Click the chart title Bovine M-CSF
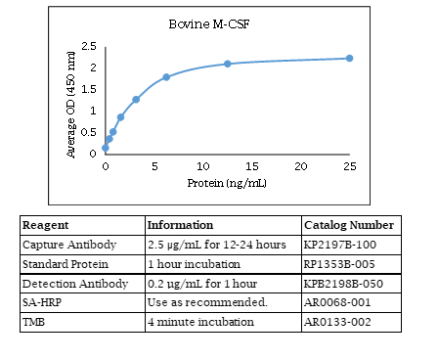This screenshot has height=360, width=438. point(209,24)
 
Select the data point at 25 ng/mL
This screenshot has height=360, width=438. point(349,59)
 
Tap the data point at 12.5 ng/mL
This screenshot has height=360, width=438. point(228,64)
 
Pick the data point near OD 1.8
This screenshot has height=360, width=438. point(166,77)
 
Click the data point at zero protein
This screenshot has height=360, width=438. point(106,148)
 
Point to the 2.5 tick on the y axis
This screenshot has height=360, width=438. point(89,46)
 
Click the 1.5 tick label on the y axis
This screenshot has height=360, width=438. point(89,89)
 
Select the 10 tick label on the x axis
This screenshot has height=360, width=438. point(202,166)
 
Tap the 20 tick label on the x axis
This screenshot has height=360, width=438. point(301,166)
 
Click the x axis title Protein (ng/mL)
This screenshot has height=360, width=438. point(227,183)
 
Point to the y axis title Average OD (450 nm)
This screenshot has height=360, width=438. point(70,105)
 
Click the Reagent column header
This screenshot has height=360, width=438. point(45,225)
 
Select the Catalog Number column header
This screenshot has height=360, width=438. point(349,225)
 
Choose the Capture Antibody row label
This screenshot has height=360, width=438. point(69,245)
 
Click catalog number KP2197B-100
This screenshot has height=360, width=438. point(340,245)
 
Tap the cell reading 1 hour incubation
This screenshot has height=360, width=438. point(194,264)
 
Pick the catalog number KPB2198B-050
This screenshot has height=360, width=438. point(343,284)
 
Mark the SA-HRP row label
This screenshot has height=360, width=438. point(42,302)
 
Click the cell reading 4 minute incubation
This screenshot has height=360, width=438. point(200,322)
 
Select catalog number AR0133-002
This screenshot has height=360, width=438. point(337,322)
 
